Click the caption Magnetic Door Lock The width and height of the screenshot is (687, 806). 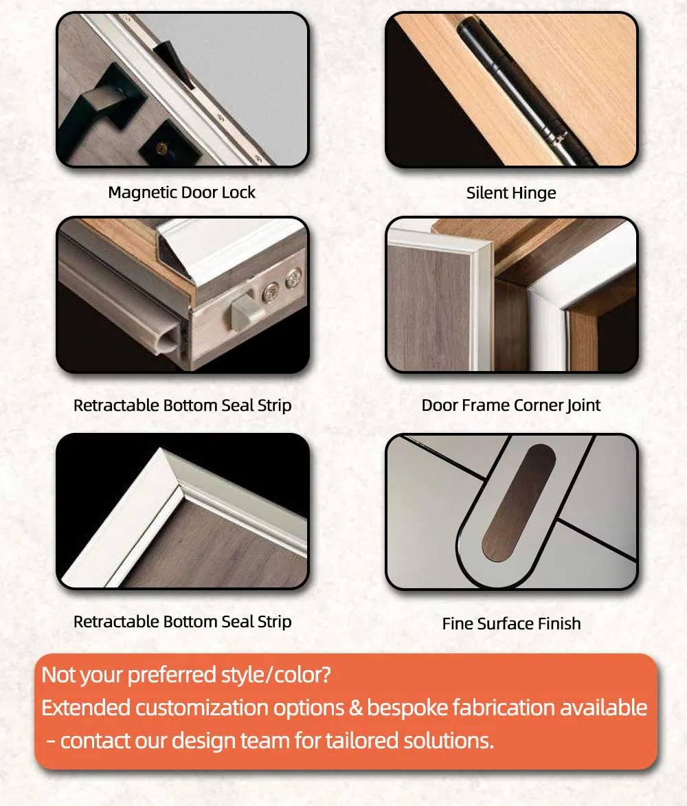point(181,192)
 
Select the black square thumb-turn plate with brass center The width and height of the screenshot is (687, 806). point(166,144)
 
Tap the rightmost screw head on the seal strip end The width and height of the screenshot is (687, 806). point(293,278)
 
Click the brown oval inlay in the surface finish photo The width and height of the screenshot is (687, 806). point(519,503)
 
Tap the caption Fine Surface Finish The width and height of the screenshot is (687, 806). point(511,623)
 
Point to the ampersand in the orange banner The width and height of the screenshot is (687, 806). point(356,708)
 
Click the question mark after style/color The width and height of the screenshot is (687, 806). point(325,675)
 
